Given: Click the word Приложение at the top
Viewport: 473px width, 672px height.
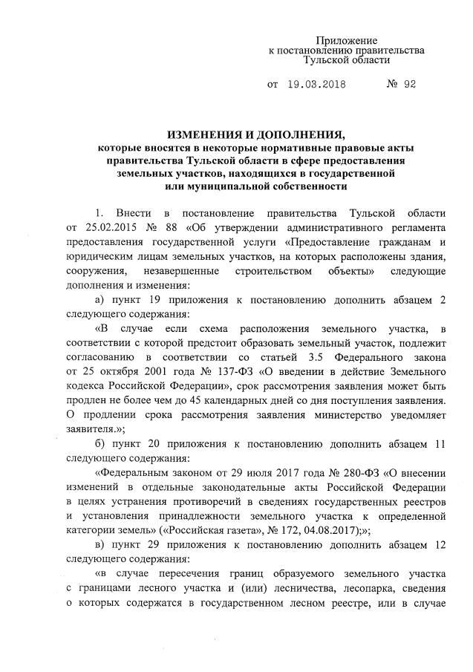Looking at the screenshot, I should [346, 39].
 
